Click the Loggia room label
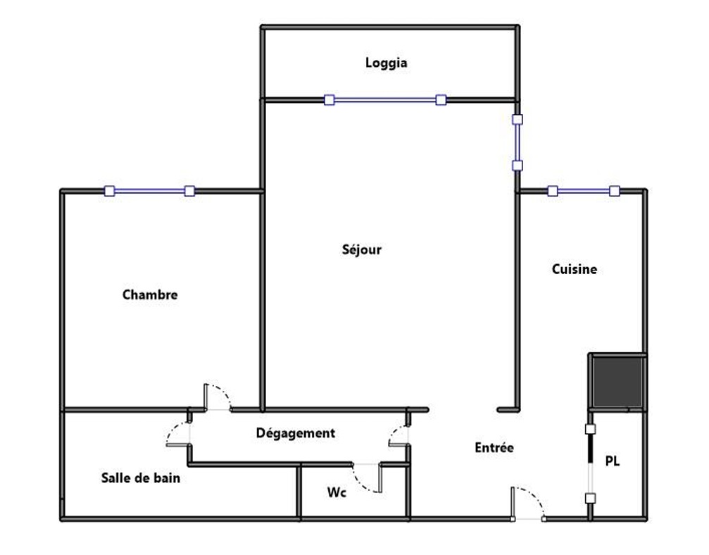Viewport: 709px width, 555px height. pos(386,63)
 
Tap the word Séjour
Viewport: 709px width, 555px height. pos(362,250)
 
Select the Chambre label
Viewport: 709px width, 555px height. pos(150,295)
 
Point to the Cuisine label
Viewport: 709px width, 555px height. pos(575,269)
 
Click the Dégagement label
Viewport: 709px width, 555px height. pos(296,433)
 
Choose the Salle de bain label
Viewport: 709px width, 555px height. pos(141,478)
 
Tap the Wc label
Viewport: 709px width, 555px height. pos(337,492)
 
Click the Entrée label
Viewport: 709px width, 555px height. pos(494,448)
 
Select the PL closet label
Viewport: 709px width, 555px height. pos(613,461)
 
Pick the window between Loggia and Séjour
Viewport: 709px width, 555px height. pos(385,100)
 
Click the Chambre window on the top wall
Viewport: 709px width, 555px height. pos(150,191)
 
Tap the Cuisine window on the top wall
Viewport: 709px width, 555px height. pos(583,191)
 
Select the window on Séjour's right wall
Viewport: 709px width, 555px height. pos(517,142)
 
